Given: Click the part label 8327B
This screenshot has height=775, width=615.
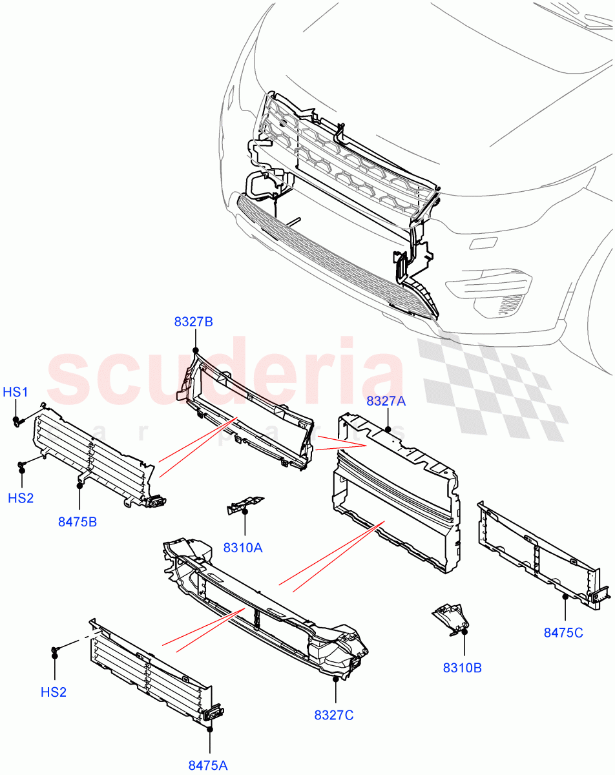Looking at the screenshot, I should [x=193, y=321].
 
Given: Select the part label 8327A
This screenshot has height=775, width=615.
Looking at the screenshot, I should [x=386, y=401].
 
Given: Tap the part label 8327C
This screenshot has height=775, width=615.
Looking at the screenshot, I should [x=334, y=715].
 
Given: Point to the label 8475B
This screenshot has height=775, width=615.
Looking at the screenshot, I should [x=78, y=522].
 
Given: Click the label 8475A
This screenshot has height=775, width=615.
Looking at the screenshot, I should [x=208, y=765].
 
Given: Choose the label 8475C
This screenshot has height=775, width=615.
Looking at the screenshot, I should [x=563, y=633].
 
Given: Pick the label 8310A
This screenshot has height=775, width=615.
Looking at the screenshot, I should [x=243, y=548].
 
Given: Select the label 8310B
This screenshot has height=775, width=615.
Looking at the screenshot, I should [x=463, y=668].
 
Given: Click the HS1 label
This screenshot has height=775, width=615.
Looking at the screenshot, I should [x=16, y=392].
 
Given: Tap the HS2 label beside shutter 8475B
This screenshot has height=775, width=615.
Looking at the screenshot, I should [x=21, y=498].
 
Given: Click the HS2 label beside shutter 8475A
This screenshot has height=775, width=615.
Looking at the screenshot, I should [x=54, y=692].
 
